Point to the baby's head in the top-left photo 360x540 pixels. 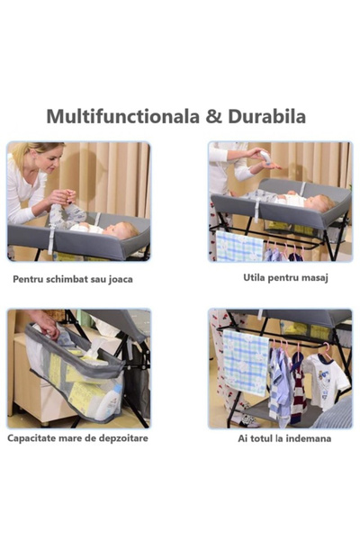pyautogui.click(x=126, y=231)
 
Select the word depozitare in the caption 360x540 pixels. pyautogui.click(x=115, y=438)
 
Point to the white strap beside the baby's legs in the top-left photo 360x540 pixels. pyautogui.click(x=51, y=238)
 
